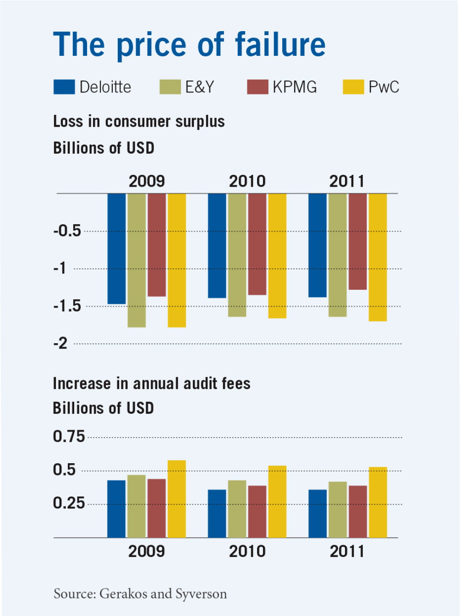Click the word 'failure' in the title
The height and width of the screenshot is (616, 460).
pos(280,44)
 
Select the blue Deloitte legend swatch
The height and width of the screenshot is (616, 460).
pos(64,87)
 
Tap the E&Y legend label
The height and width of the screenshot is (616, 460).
pos(199,87)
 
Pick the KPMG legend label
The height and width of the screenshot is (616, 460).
pos(295,87)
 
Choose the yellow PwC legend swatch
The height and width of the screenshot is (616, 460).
pos(353,87)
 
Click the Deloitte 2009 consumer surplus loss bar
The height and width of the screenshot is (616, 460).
pos(116,249)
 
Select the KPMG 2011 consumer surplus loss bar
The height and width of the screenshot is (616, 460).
pos(357,241)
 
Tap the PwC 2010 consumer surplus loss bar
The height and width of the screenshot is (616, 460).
pos(277,255)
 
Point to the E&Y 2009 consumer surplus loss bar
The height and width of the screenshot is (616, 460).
pos(137,260)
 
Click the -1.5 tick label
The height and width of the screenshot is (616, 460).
pos(67,306)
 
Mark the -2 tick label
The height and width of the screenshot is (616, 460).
pos(60,343)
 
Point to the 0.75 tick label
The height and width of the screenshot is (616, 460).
pos(69,437)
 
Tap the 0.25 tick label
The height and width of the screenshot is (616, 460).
pos(69,503)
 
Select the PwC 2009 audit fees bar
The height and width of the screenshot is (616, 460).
pos(176,499)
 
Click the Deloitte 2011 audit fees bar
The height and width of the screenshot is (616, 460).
pos(318,513)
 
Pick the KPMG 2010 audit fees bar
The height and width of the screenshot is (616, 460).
pos(257,512)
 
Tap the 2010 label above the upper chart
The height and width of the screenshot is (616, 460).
pos(247,181)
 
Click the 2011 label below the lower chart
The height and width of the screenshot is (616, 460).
pos(347,551)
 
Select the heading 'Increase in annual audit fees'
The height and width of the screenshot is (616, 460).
pos(152,384)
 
